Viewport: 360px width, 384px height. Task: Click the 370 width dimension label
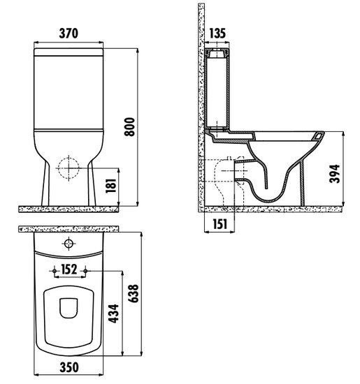click(x=69, y=34)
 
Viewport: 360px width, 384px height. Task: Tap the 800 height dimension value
click(x=129, y=126)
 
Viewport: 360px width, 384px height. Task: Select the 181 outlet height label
click(x=111, y=186)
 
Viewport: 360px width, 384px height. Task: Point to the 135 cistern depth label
click(x=217, y=34)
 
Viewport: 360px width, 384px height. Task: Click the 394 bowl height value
click(x=335, y=174)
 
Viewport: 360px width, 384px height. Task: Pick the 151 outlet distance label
click(x=220, y=224)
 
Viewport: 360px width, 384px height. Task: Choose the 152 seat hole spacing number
click(x=69, y=269)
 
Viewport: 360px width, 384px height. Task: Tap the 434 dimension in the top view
click(x=113, y=313)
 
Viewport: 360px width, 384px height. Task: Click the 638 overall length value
click(x=134, y=293)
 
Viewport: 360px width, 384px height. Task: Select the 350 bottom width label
click(x=69, y=367)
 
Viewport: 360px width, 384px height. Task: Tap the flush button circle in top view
click(x=69, y=244)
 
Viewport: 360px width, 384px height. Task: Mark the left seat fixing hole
click(x=55, y=271)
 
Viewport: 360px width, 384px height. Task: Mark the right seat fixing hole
click(x=85, y=271)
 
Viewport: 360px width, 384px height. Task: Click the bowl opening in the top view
click(x=69, y=308)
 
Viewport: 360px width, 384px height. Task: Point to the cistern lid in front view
click(x=69, y=52)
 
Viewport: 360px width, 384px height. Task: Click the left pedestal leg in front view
click(x=45, y=184)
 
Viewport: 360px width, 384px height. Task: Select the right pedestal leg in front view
click(x=92, y=184)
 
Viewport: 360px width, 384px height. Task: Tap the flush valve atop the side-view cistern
click(x=217, y=54)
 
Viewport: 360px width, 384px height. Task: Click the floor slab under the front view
click(x=69, y=209)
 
